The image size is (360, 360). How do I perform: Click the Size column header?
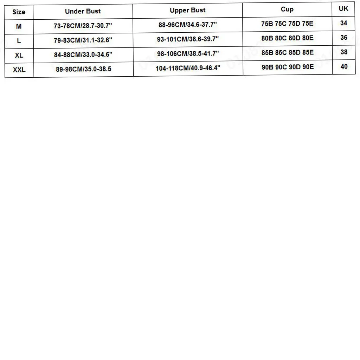pos(19,12)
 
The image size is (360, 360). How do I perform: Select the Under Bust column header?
pos(83,11)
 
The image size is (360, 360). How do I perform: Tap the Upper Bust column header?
pos(188,10)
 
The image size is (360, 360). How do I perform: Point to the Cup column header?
pos(287,9)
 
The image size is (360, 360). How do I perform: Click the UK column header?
pos(343,8)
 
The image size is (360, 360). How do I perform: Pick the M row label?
pos(19,26)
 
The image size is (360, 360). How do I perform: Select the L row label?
pos(19,41)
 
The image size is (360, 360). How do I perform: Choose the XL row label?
pos(19,55)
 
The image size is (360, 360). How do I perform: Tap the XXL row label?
pos(19,70)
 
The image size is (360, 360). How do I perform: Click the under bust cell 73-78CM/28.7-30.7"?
pos(83,26)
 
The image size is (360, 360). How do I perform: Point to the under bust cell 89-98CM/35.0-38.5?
pos(83,69)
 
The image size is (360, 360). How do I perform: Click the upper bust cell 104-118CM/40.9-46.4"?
pos(188,68)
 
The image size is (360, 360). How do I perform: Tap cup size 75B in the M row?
pos(268,24)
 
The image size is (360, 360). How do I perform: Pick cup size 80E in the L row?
pos(308,38)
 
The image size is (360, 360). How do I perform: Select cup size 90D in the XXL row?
pos(294,67)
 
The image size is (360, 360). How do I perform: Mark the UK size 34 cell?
pos(344,23)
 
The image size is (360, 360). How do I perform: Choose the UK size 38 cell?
pos(344,52)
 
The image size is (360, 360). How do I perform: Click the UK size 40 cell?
pos(344,66)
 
